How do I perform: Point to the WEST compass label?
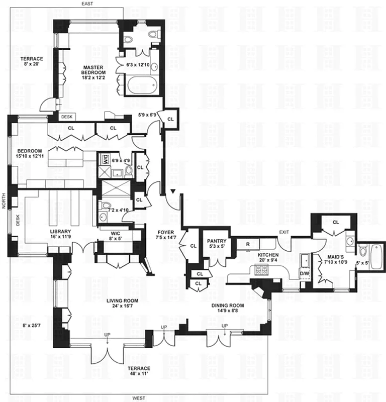coord(139,398)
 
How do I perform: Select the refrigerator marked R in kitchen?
coord(248,244)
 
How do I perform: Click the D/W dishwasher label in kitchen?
coord(305,273)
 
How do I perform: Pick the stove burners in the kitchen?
coord(262,270)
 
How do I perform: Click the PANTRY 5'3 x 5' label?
coord(216,244)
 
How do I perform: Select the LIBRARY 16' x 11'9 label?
coord(60,235)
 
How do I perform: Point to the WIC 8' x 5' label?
coord(122,236)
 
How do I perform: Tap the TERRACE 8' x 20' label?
coord(32,62)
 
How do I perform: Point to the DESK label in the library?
coord(18,220)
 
